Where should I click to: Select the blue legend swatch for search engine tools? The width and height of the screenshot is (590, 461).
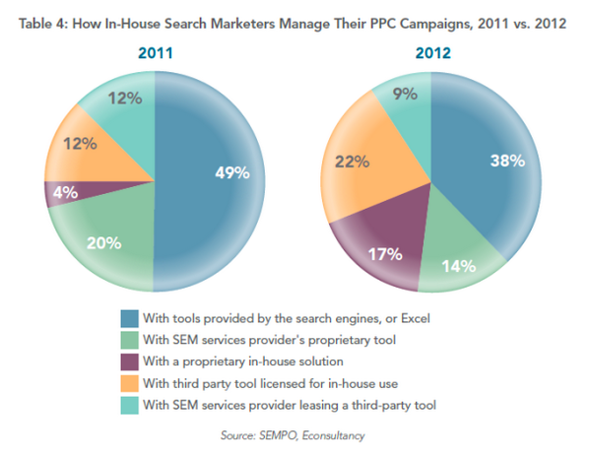(130, 318)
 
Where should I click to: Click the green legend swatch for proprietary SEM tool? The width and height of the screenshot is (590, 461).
(130, 339)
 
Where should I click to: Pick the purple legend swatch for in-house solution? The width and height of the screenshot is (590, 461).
(130, 360)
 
